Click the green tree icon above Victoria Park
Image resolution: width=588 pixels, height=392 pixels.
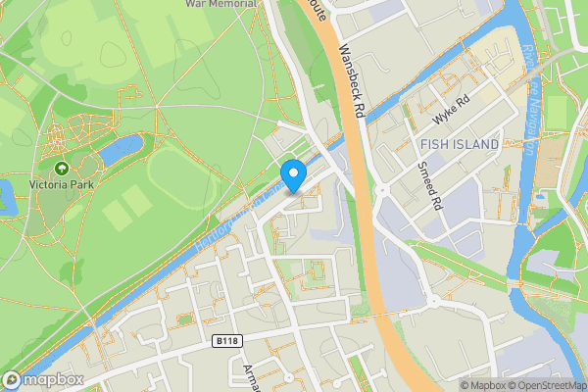coord(63,169)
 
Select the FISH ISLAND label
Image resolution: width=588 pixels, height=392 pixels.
coord(459,145)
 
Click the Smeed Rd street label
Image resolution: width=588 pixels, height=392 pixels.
coord(427,187)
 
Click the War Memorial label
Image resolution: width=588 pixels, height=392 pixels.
coord(221,4)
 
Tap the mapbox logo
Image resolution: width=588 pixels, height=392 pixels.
coord(43,380)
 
